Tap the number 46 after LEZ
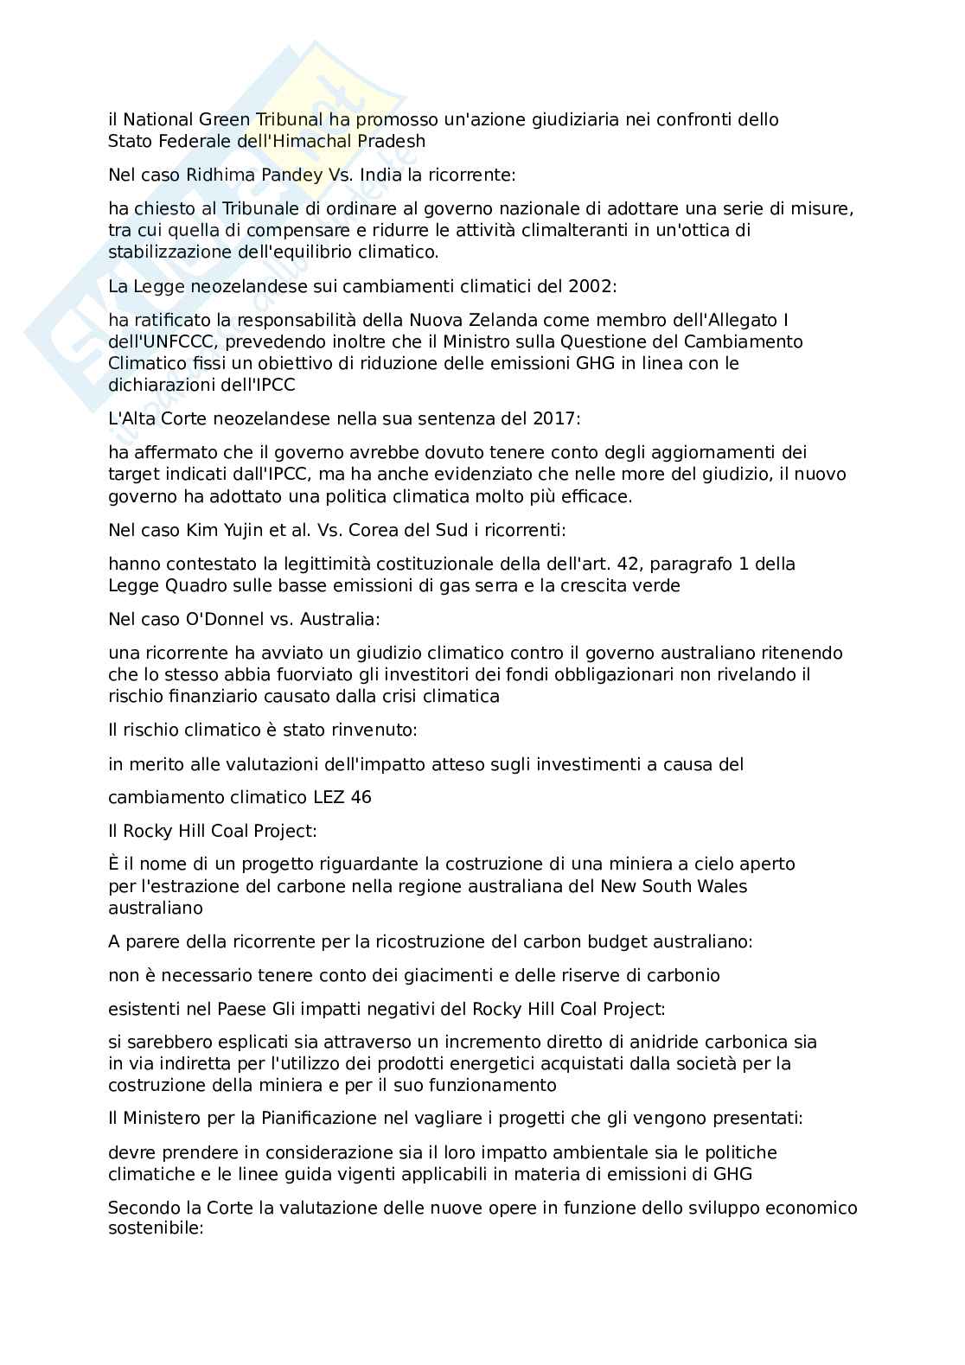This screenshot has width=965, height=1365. (361, 797)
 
